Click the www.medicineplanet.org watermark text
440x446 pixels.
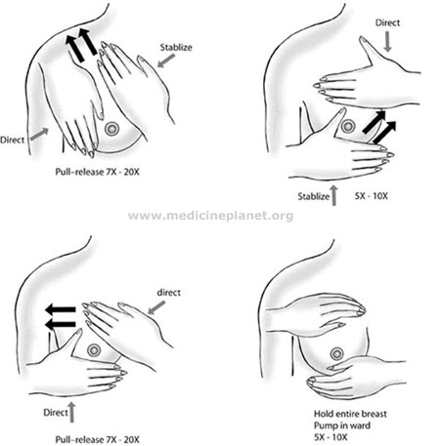(x=210, y=216)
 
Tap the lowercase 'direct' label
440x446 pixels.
(x=169, y=293)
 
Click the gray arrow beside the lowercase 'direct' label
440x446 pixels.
(x=156, y=307)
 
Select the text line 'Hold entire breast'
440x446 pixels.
(x=350, y=414)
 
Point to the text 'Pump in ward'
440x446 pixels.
(x=342, y=426)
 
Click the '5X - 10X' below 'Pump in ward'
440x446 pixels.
(x=330, y=437)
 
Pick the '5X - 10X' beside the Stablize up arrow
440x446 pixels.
(x=372, y=196)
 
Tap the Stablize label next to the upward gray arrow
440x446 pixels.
(x=314, y=196)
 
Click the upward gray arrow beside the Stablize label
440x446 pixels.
(x=333, y=195)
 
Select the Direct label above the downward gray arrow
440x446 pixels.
(x=387, y=22)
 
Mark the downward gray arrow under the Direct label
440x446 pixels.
(x=387, y=42)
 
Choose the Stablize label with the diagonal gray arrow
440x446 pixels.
(x=176, y=48)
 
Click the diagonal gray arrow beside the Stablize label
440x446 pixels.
(x=166, y=61)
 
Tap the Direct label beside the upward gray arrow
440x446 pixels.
(x=56, y=413)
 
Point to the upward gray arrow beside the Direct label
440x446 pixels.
(x=71, y=412)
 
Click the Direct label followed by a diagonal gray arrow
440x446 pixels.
(x=12, y=141)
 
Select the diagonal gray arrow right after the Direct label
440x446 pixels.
(x=39, y=134)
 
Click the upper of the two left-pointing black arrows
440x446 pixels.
(x=61, y=309)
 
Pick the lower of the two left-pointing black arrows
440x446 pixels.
(x=61, y=324)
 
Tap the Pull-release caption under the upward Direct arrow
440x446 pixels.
(x=97, y=439)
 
